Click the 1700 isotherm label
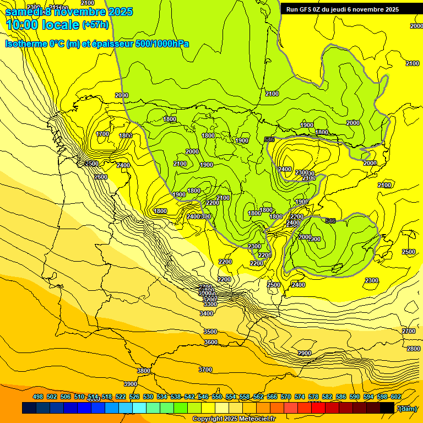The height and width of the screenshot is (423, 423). pyautogui.click(x=102, y=134)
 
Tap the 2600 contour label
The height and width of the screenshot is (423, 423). pyautogui.click(x=101, y=177)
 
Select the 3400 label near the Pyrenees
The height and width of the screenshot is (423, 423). pyautogui.click(x=207, y=313)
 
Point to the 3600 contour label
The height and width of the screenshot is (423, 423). pyautogui.click(x=211, y=343)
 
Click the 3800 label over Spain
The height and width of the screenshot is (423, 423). pyautogui.click(x=143, y=371)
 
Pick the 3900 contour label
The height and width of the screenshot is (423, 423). pyautogui.click(x=131, y=384)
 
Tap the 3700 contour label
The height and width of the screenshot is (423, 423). pyautogui.click(x=205, y=370)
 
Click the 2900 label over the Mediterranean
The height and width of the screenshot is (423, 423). pyautogui.click(x=305, y=353)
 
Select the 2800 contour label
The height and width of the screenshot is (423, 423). pyautogui.click(x=414, y=349)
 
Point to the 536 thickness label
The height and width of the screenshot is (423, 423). pyautogui.click(x=269, y=139)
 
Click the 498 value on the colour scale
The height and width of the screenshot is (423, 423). pyautogui.click(x=38, y=397)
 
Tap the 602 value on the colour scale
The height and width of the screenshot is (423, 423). pyautogui.click(x=395, y=397)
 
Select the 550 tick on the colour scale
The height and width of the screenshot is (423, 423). pyautogui.click(x=217, y=397)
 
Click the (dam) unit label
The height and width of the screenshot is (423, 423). pyautogui.click(x=407, y=408)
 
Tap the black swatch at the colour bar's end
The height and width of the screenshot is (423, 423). pyautogui.click(x=387, y=408)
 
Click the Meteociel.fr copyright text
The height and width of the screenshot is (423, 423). pyautogui.click(x=233, y=419)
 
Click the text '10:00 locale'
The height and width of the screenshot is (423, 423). pyautogui.click(x=42, y=24)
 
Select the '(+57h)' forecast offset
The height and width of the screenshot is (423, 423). pyautogui.click(x=95, y=25)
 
